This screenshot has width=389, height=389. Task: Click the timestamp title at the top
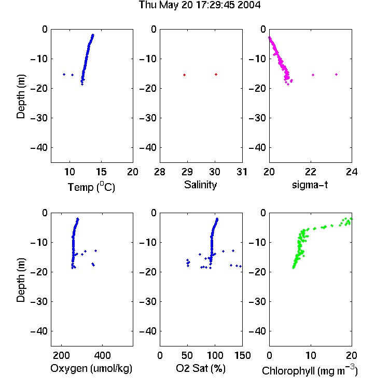(200, 5)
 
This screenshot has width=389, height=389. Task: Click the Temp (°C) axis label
(91, 187)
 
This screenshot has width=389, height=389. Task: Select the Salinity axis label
(200, 185)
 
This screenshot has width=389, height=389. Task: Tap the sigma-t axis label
(310, 185)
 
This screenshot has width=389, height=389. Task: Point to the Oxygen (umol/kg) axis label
(91, 369)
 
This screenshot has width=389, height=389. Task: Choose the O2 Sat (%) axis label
(201, 368)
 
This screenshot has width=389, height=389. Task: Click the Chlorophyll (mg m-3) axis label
(310, 370)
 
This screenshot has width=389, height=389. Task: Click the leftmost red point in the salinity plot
(184, 75)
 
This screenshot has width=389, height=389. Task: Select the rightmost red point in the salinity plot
(216, 74)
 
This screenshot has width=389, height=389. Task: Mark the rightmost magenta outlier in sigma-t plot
(337, 74)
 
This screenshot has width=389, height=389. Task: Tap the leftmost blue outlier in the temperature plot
(64, 74)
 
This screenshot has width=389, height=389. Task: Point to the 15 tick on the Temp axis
(101, 172)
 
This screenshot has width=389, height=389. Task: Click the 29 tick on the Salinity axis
(187, 172)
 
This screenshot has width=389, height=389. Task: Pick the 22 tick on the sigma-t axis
(310, 172)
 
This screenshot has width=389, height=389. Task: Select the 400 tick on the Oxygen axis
(102, 355)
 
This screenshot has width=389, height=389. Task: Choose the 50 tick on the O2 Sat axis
(187, 355)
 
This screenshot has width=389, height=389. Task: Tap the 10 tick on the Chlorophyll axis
(310, 355)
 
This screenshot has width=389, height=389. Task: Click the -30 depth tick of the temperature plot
(39, 118)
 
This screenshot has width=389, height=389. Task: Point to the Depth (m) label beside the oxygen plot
(21, 280)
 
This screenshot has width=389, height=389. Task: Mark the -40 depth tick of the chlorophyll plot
(257, 331)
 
